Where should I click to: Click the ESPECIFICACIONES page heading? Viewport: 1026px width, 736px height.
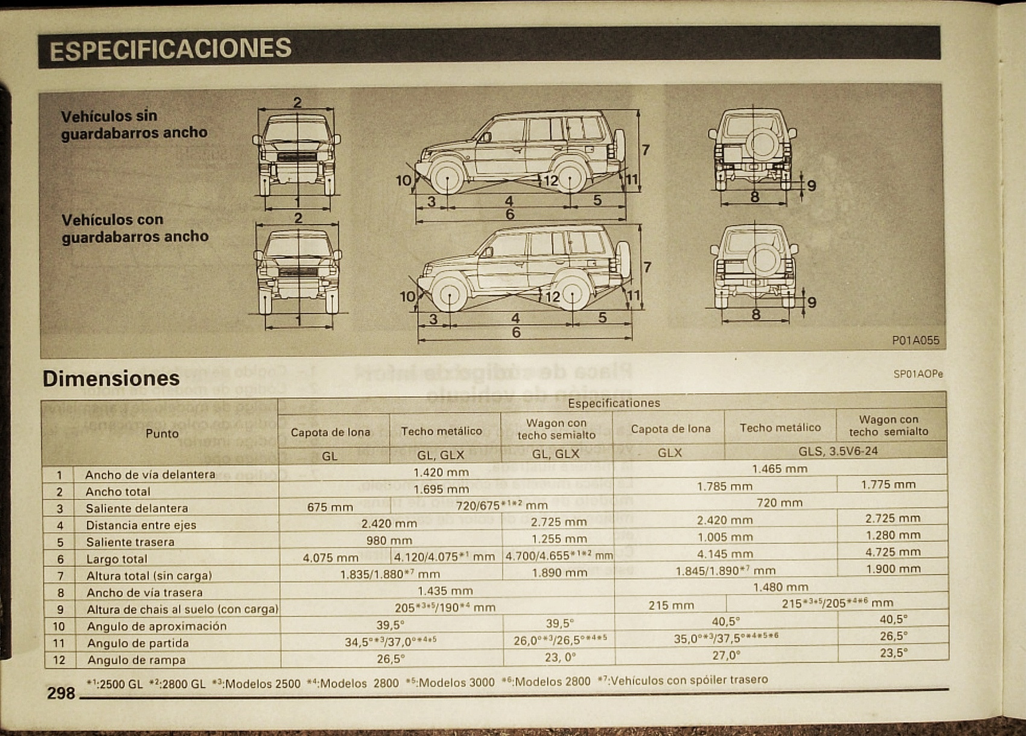point(171,49)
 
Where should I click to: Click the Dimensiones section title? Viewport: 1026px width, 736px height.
point(111,378)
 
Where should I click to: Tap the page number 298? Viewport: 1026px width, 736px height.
point(61,693)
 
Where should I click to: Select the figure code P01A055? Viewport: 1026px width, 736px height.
point(915,340)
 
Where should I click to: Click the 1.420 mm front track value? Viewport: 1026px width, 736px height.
point(441,472)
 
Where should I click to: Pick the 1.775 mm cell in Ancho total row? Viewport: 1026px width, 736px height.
point(888,484)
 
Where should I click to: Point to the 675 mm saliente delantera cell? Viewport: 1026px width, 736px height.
point(330,507)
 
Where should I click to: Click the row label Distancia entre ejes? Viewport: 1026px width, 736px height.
point(141,525)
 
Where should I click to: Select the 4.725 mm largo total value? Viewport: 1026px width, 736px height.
point(892,552)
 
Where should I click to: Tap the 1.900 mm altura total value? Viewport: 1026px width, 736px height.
point(892,569)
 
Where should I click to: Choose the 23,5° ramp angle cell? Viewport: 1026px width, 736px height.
point(893,653)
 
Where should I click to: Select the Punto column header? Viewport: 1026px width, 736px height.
point(162,433)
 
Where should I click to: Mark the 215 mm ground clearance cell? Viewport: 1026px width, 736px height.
point(671,605)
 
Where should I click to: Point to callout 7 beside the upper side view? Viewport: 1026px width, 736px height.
point(645,150)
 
